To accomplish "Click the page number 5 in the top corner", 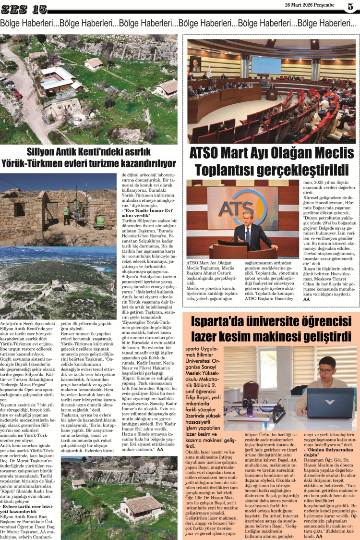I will click(x=350, y=6).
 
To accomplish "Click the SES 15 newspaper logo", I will click(x=24, y=9).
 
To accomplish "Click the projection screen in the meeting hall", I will click(x=266, y=64).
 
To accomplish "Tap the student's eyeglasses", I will click(x=326, y=370).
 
